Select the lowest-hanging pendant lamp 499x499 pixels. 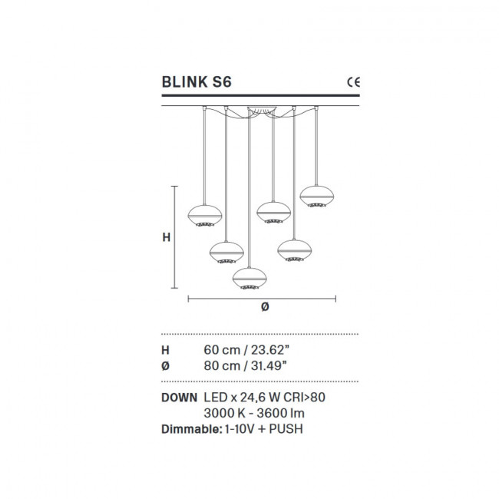pos(249,277)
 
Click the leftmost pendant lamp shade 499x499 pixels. pos(205,214)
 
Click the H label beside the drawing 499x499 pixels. pos(166,238)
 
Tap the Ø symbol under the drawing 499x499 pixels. pos(265,306)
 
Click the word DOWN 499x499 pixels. pos(179,398)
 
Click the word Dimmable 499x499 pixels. pos(188,429)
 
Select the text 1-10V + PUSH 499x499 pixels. pos(254,429)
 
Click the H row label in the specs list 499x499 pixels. pos(165,349)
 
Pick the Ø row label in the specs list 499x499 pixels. pos(165,366)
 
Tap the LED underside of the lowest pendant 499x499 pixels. pos(249,287)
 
